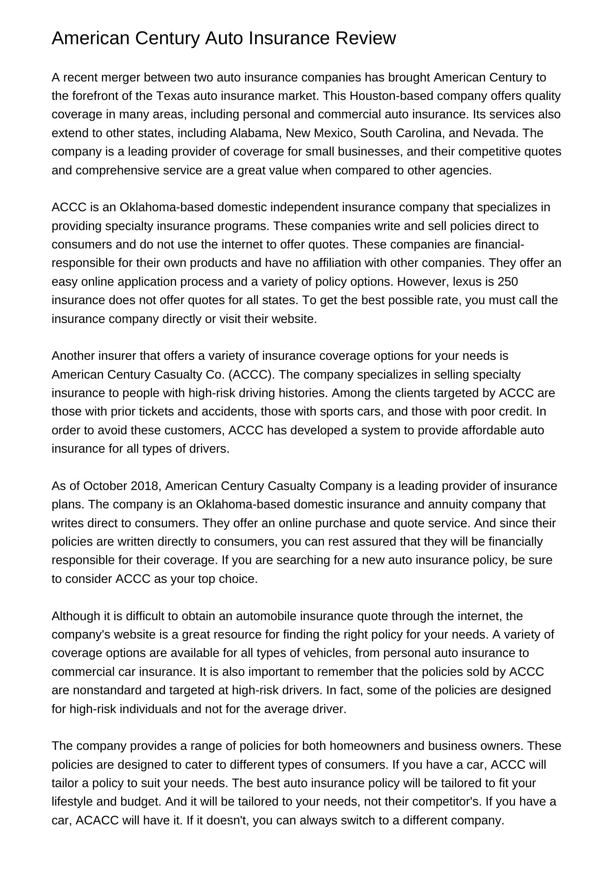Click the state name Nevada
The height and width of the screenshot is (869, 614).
coord(495,133)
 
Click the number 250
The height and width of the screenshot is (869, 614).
coord(508,282)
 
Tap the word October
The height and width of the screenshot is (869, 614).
coord(105,486)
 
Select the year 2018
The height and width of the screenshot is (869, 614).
coord(144,486)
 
